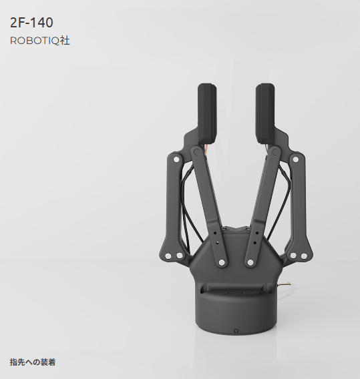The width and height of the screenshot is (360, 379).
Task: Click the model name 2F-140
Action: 31,23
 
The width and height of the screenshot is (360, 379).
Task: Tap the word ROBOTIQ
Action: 35,41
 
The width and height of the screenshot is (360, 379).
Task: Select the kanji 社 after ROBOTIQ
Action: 65,41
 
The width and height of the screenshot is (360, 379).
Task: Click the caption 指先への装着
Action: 33,362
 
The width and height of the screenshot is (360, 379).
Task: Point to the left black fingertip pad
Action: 207,113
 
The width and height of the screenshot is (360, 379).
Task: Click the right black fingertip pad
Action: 265,113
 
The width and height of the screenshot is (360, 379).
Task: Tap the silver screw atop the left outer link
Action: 176,159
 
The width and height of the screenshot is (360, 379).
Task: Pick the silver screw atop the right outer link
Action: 296,159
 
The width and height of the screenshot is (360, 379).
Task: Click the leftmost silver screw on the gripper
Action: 168,256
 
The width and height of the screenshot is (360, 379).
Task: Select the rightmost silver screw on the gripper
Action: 304,256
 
